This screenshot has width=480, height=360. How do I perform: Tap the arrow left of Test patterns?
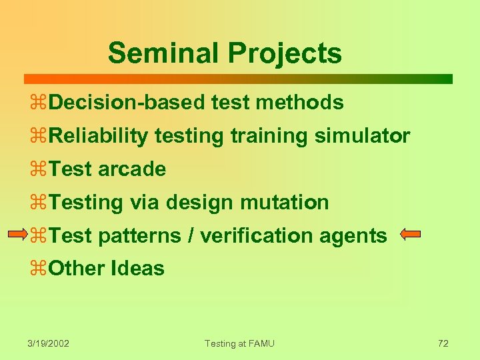tap(18, 235)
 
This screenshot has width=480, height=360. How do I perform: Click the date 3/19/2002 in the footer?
tap(49, 343)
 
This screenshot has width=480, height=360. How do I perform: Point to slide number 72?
tap(443, 343)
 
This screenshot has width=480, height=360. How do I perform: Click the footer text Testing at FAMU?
tap(239, 343)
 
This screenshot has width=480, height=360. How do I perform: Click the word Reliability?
tap(98, 136)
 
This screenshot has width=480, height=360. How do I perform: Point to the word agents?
tap(357, 235)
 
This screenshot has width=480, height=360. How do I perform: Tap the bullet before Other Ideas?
tap(38, 269)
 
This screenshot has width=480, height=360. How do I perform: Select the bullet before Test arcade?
tap(38, 169)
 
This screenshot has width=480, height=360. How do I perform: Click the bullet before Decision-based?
tap(38, 103)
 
